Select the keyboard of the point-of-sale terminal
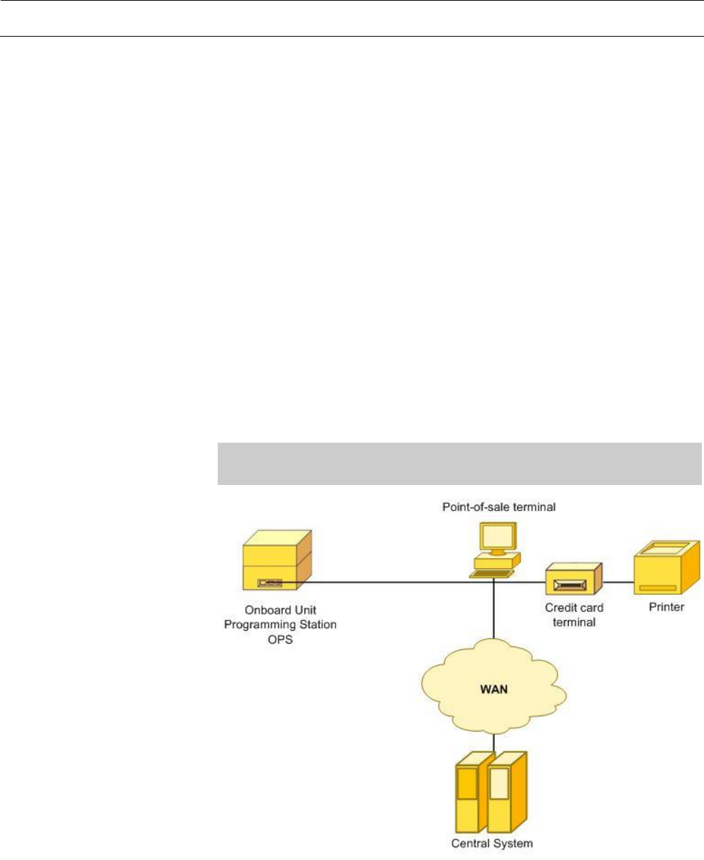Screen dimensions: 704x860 point(489,574)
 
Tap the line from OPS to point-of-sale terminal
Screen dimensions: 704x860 point(388,583)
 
